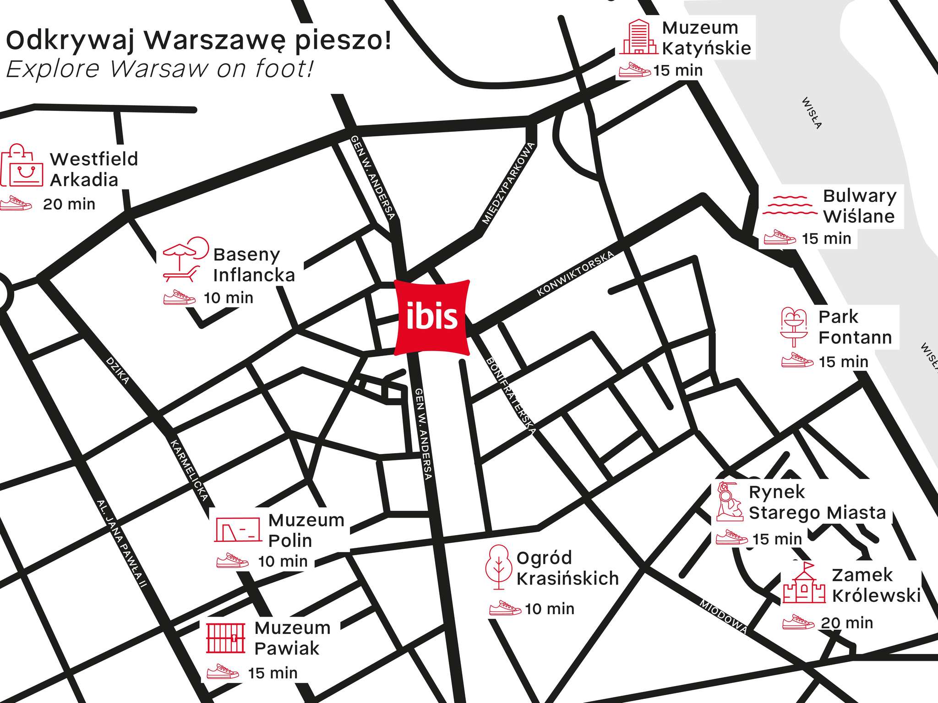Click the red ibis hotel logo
coord(432,317)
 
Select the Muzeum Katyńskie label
coord(706,38)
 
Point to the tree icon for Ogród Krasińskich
coord(499,566)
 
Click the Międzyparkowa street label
coord(508,183)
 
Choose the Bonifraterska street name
coord(511,396)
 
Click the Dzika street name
coord(118,370)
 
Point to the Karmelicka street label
coord(189,470)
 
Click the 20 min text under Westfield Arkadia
coord(69,204)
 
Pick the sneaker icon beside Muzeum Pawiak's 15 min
coord(223,672)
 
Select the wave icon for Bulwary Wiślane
coord(790,205)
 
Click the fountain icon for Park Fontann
coord(794,327)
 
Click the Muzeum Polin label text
coord(306,530)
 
